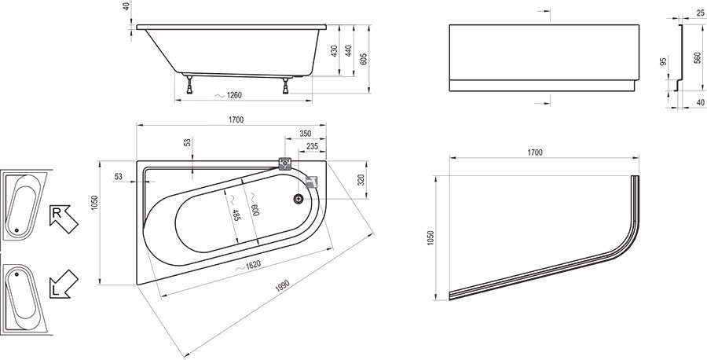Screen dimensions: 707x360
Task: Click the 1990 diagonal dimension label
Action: [282, 286]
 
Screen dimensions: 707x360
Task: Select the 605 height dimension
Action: [364, 59]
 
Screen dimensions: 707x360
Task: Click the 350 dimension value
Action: [306, 134]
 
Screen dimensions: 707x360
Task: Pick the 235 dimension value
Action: [312, 146]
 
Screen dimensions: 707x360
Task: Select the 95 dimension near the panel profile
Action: [663, 61]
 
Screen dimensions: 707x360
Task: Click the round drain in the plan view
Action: [298, 199]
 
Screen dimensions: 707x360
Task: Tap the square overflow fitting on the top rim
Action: [284, 163]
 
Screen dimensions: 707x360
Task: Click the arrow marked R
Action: [64, 219]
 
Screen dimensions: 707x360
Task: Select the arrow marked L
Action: [64, 284]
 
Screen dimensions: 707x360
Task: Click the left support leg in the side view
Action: [190, 84]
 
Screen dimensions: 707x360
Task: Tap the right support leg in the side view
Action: [285, 86]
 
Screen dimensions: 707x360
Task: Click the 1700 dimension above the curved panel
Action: [535, 152]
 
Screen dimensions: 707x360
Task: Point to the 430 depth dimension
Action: [334, 51]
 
